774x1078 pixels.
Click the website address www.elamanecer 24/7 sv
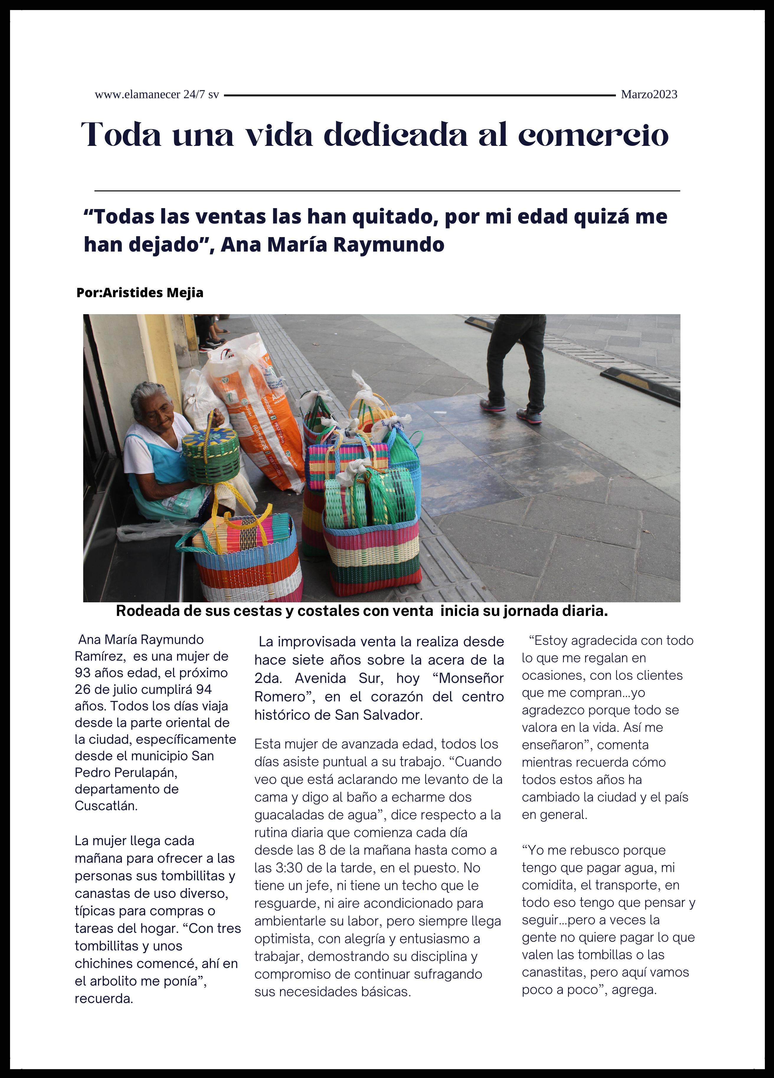pyautogui.click(x=157, y=94)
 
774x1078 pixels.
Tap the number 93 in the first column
pyautogui.click(x=83, y=673)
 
